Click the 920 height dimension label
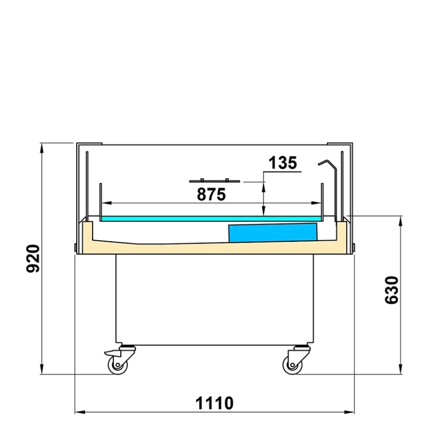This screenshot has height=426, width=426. [33, 258]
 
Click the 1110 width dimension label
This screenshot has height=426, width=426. [215, 403]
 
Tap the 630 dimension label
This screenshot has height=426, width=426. [391, 290]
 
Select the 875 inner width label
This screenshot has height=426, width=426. [211, 194]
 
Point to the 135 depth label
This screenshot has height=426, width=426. [283, 163]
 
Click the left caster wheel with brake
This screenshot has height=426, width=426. [118, 365]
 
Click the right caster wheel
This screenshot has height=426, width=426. [292, 365]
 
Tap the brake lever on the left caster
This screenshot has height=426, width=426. [112, 353]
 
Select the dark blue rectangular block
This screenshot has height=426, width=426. [273, 233]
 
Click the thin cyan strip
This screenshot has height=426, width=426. [211, 219]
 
